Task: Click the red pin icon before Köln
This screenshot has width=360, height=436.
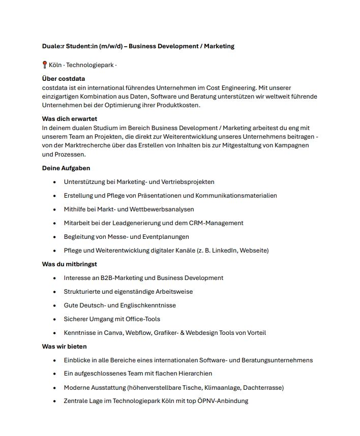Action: point(45,65)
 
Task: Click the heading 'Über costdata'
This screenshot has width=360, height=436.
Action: point(64,79)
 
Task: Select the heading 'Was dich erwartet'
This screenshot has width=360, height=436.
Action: point(69,119)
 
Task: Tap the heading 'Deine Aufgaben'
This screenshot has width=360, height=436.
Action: point(66,168)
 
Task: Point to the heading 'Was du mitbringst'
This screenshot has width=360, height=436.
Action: point(70,264)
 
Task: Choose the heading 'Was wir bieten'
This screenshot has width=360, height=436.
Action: point(64,347)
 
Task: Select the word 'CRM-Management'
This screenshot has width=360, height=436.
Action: point(216,223)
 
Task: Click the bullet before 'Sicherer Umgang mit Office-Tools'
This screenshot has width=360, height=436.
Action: point(55,320)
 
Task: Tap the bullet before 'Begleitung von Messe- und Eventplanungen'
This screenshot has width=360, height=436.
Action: point(55,237)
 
